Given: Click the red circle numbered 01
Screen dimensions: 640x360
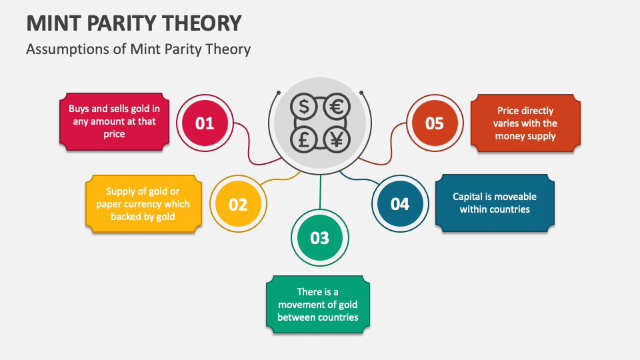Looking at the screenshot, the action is pos(205,123).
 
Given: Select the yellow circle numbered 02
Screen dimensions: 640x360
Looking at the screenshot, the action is pos(238,204).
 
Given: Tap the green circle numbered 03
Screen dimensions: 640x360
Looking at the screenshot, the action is pos(319,237).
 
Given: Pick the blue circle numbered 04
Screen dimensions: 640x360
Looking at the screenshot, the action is pos(400,204).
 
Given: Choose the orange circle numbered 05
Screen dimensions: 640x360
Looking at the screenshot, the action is pos(435,123).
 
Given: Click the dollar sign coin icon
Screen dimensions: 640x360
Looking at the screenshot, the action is pos(304,107).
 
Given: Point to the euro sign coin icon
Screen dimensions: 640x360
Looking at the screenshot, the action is pos(337,107).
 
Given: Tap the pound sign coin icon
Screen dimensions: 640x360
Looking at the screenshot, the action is pos(304,139).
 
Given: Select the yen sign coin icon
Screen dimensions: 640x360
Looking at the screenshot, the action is pos(337,139).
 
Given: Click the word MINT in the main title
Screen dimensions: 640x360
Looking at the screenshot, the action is pos(53,23).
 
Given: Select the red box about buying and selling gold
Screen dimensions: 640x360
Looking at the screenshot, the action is pos(114,121).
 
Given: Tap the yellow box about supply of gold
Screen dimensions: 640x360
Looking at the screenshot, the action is pos(143,204).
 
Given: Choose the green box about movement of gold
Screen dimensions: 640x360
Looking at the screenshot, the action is pos(317,305).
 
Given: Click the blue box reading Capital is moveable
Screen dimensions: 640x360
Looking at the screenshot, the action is pos(495,203).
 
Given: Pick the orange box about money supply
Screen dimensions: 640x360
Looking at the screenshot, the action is pos(525,123).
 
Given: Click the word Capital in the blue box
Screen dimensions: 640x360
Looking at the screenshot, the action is pos(468,197).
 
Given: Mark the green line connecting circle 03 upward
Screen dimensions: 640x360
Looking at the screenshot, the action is pos(321,192).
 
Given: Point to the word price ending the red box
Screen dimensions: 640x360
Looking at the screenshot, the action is pos(114,134).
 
